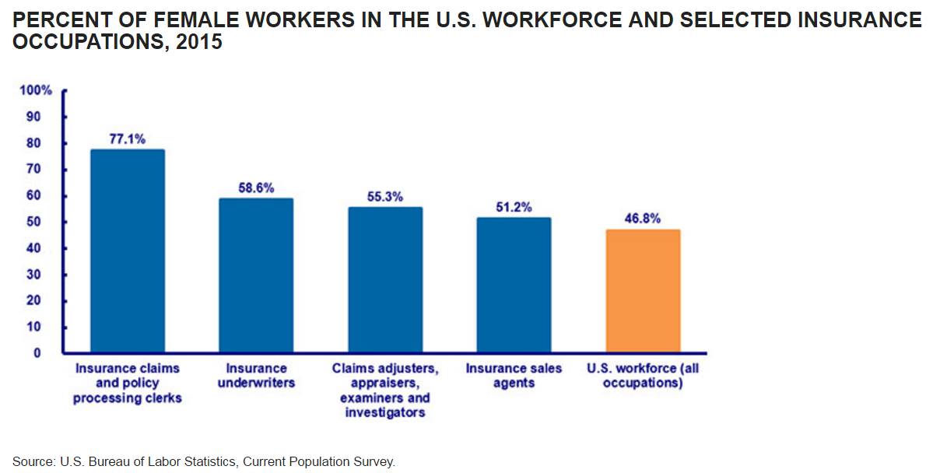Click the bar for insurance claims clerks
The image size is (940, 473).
coord(128,251)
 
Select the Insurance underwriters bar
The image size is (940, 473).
coord(256,275)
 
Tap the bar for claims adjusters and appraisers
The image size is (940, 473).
coord(385,279)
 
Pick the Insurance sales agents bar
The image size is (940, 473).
coord(514,285)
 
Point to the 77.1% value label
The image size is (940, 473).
coord(128,138)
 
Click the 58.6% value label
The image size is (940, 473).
coord(256,187)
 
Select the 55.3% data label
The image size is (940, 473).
coord(385,197)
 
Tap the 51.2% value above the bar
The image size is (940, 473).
coord(514,207)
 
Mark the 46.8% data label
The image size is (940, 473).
coord(643,219)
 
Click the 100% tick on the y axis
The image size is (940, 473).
coord(36,91)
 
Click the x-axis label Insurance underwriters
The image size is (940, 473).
coord(256,376)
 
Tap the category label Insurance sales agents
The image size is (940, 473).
coord(514,376)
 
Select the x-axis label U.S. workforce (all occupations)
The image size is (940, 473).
coord(643,376)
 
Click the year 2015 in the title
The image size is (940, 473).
coord(199,43)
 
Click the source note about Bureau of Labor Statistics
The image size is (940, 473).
coord(204,461)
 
